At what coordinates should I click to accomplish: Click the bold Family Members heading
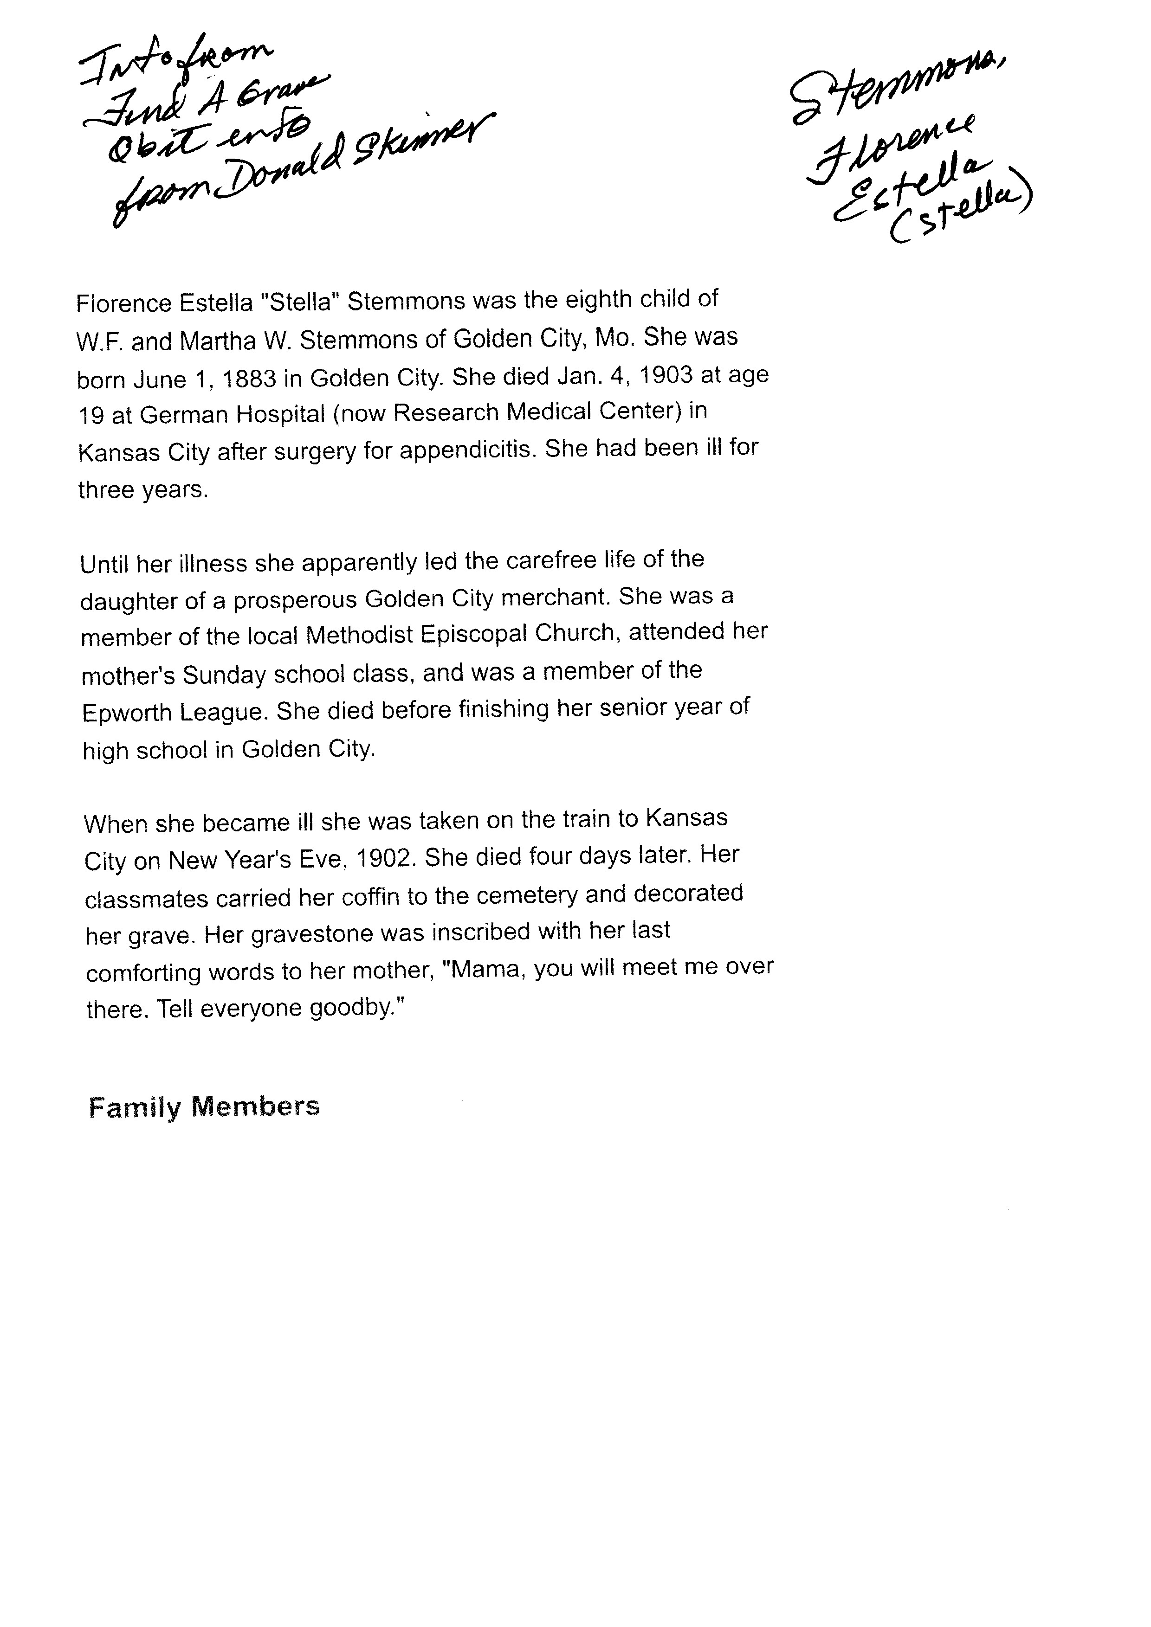(204, 1107)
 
